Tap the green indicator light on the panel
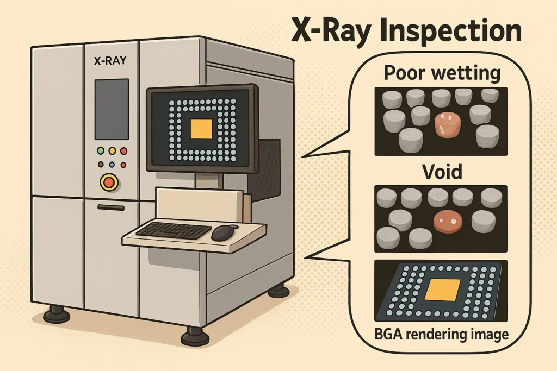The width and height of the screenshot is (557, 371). [101, 151]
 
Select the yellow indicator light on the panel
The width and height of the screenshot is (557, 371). [112, 151]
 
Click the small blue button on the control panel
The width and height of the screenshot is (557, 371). [112, 164]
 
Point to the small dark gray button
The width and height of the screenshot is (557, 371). [101, 164]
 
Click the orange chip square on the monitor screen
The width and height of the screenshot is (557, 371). [200, 129]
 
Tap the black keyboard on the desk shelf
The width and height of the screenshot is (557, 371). [173, 230]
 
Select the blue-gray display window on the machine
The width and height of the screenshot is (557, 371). [112, 109]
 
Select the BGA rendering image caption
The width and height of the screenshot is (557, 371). [441, 334]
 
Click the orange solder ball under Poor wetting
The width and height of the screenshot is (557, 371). [447, 124]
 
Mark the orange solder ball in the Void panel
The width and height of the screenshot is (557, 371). [448, 219]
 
